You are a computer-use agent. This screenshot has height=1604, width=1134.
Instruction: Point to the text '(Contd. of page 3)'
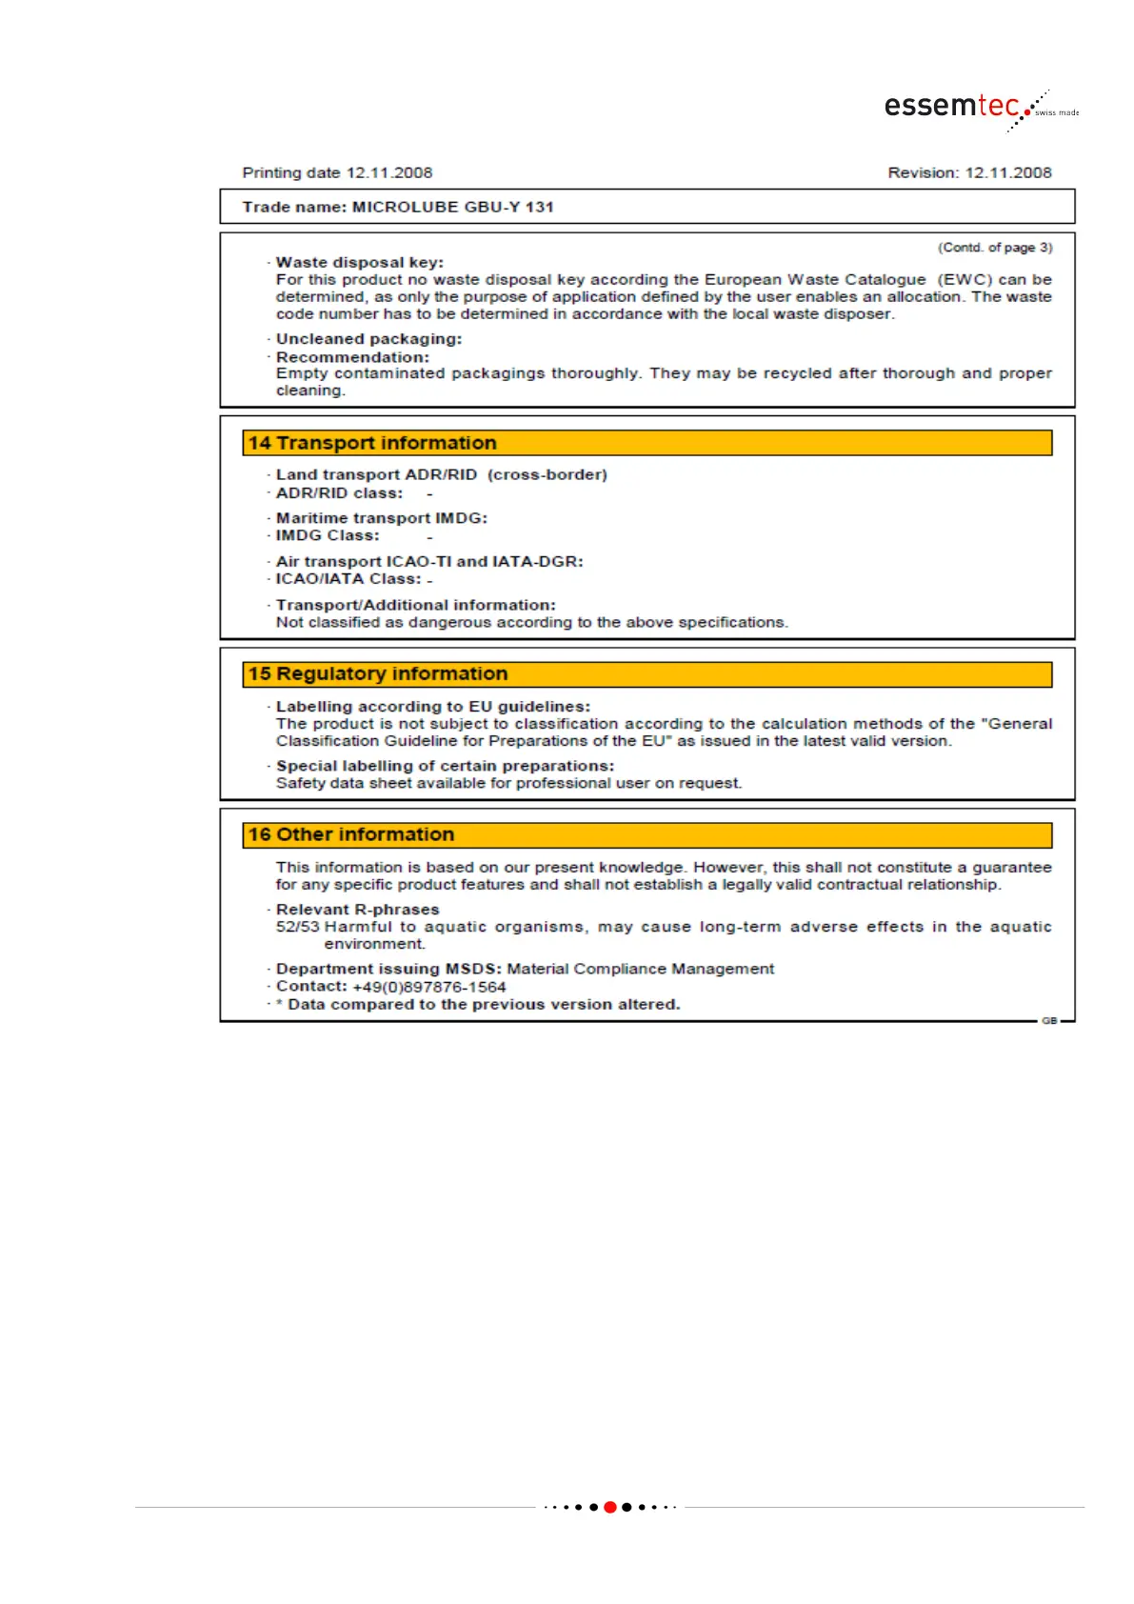tap(995, 248)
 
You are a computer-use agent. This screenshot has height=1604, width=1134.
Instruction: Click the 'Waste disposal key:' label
tap(359, 262)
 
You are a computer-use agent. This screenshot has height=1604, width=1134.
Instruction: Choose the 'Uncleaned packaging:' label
tap(368, 339)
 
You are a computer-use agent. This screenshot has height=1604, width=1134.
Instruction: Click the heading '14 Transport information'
tap(372, 443)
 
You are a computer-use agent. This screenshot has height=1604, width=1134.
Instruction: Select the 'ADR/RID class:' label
tap(339, 493)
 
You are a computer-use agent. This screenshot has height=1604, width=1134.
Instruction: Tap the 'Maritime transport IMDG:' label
tap(381, 518)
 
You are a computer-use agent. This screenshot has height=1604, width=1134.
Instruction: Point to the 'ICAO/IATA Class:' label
tap(348, 579)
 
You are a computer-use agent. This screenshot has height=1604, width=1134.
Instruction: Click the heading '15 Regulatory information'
tap(378, 674)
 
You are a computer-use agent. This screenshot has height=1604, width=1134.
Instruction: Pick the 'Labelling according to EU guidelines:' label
tap(432, 707)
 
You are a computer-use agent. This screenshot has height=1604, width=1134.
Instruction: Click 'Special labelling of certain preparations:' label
tap(445, 766)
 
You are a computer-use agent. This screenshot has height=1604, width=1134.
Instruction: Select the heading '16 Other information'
tap(351, 835)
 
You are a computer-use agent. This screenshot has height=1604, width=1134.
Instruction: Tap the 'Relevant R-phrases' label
tap(357, 910)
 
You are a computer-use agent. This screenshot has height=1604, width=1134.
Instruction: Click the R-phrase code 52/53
tap(297, 927)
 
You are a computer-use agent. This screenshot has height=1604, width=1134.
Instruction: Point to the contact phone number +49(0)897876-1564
tap(428, 987)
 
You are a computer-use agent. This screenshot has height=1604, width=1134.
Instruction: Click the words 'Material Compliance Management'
tap(640, 969)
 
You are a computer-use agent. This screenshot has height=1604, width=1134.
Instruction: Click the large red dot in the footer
tap(610, 1507)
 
